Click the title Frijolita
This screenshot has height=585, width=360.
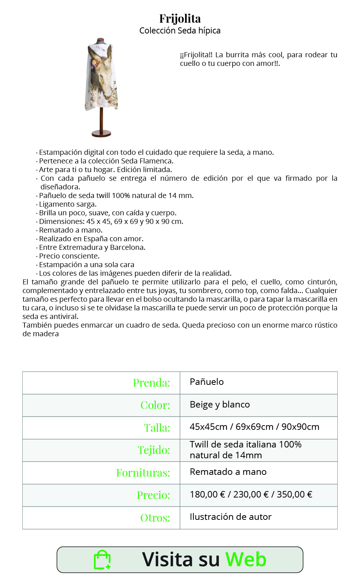[x=180, y=18]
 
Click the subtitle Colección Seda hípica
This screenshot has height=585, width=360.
[x=180, y=31]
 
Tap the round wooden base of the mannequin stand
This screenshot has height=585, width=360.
[x=101, y=134]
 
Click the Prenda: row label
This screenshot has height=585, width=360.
[x=152, y=383]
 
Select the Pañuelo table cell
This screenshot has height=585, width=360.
[x=207, y=382]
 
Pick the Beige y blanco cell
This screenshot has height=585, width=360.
[x=220, y=405]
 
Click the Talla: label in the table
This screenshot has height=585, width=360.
[x=157, y=428]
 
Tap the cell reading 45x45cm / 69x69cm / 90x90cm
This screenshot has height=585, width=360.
[x=254, y=427]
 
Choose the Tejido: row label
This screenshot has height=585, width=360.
[x=154, y=450]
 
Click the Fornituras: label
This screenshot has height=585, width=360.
[x=143, y=473]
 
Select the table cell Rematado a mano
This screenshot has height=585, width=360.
[x=228, y=472]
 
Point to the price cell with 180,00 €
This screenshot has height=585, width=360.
[x=251, y=495]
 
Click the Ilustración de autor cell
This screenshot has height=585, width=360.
[x=230, y=517]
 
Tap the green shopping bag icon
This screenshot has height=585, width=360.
[x=102, y=560]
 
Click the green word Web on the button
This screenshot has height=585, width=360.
[x=246, y=559]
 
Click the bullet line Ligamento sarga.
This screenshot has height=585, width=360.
[x=68, y=204]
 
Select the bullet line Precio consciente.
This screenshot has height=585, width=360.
[x=69, y=256]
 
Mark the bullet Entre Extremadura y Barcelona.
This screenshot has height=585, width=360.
[x=92, y=247]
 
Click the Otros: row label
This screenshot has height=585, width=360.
[x=155, y=518]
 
